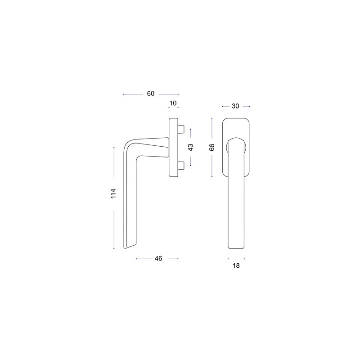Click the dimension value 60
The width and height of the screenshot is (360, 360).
point(151,94)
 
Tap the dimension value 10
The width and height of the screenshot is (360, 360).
point(173,103)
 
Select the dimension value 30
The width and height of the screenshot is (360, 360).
point(235,106)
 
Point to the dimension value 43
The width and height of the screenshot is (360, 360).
point(190,147)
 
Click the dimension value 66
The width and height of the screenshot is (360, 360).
point(212,147)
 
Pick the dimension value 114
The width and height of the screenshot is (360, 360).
point(113,193)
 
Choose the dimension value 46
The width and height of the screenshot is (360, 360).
point(158,258)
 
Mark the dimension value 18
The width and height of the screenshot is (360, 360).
point(236,265)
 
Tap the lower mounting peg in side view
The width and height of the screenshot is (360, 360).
point(181,165)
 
